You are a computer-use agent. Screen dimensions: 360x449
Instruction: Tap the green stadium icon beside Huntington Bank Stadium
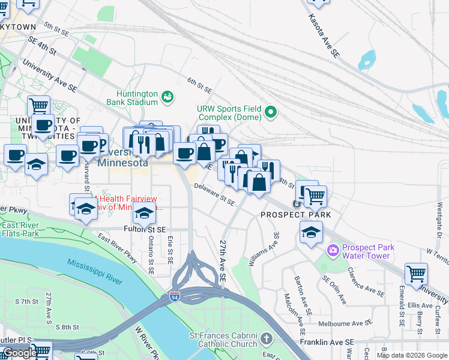point(167,96)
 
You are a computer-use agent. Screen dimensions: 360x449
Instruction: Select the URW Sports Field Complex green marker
point(271,111)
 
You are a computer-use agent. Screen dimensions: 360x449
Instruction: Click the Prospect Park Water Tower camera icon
point(332,249)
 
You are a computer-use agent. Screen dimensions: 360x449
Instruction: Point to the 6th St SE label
point(199,85)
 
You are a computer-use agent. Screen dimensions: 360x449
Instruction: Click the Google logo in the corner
point(20,353)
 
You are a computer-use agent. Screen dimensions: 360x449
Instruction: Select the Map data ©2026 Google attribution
point(412,355)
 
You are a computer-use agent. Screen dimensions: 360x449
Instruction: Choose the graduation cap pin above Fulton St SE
point(144,212)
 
